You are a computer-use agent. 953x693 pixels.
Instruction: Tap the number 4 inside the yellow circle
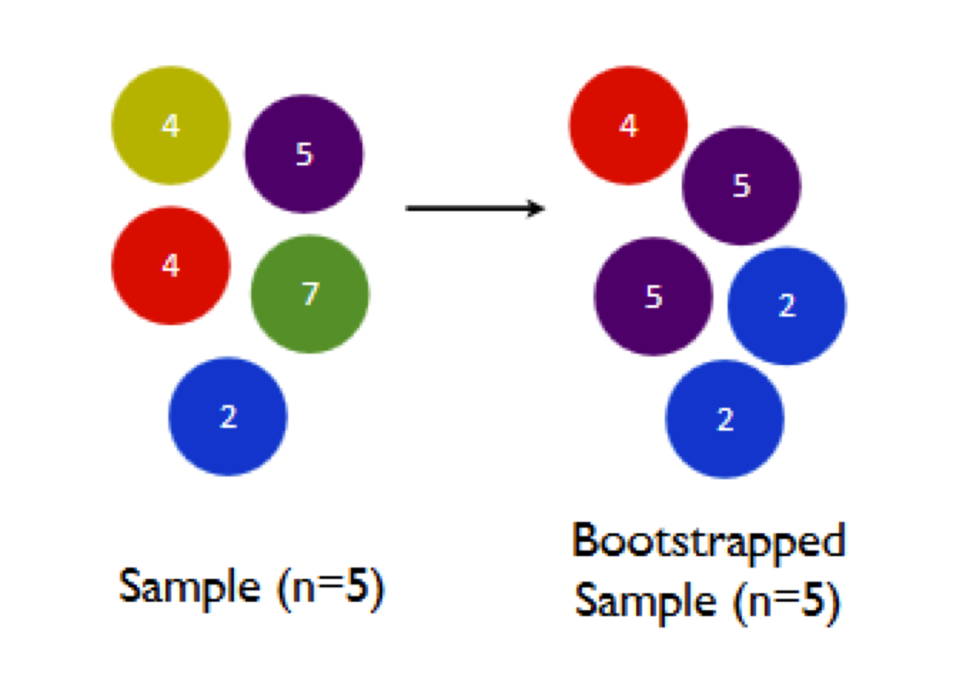tap(171, 126)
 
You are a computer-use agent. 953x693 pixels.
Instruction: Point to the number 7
tap(310, 293)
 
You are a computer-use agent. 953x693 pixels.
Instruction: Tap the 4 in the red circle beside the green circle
tap(171, 265)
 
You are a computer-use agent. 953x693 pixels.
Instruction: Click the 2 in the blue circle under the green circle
tap(228, 417)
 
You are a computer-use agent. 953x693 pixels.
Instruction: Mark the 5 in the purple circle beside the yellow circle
tap(304, 154)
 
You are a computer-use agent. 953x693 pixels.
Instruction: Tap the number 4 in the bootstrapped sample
tap(629, 126)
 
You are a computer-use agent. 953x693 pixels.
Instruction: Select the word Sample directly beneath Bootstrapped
tap(646, 601)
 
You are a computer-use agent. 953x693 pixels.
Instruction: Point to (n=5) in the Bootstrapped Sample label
tap(787, 602)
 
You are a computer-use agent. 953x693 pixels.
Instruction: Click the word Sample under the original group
tap(189, 587)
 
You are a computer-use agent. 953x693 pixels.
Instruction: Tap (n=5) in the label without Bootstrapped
tap(330, 588)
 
